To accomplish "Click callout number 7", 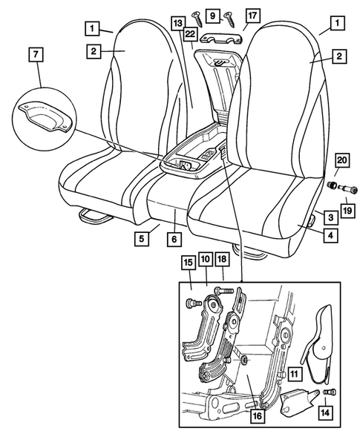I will point(34,54).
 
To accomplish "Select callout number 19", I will point(347,211).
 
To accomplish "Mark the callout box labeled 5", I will point(141,239).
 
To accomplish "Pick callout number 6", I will point(174,239).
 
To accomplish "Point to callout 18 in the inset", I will point(221,260).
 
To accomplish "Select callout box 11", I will point(295,375).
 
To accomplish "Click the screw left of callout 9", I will point(197,16).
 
